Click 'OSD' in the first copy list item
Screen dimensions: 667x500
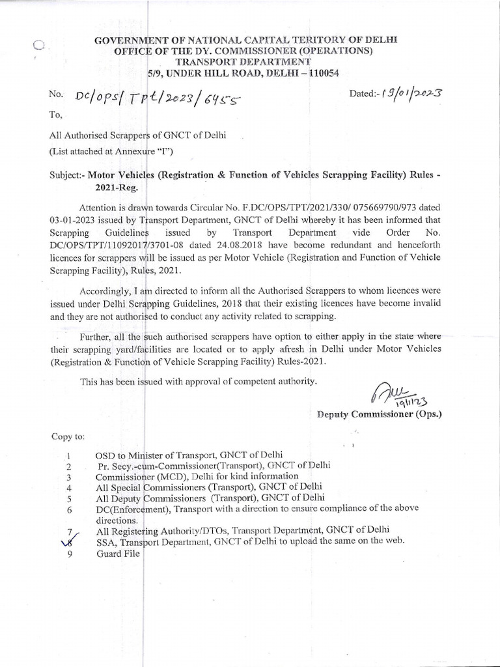point(105,455)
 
